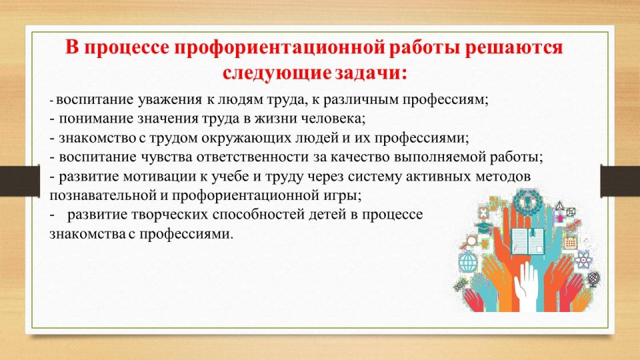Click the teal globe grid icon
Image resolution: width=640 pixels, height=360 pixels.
[468, 263]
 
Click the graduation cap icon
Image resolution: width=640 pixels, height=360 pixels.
[483, 227]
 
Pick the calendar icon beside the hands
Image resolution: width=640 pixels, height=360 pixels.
[570, 243]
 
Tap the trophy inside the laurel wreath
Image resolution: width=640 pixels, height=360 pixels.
[527, 201]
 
